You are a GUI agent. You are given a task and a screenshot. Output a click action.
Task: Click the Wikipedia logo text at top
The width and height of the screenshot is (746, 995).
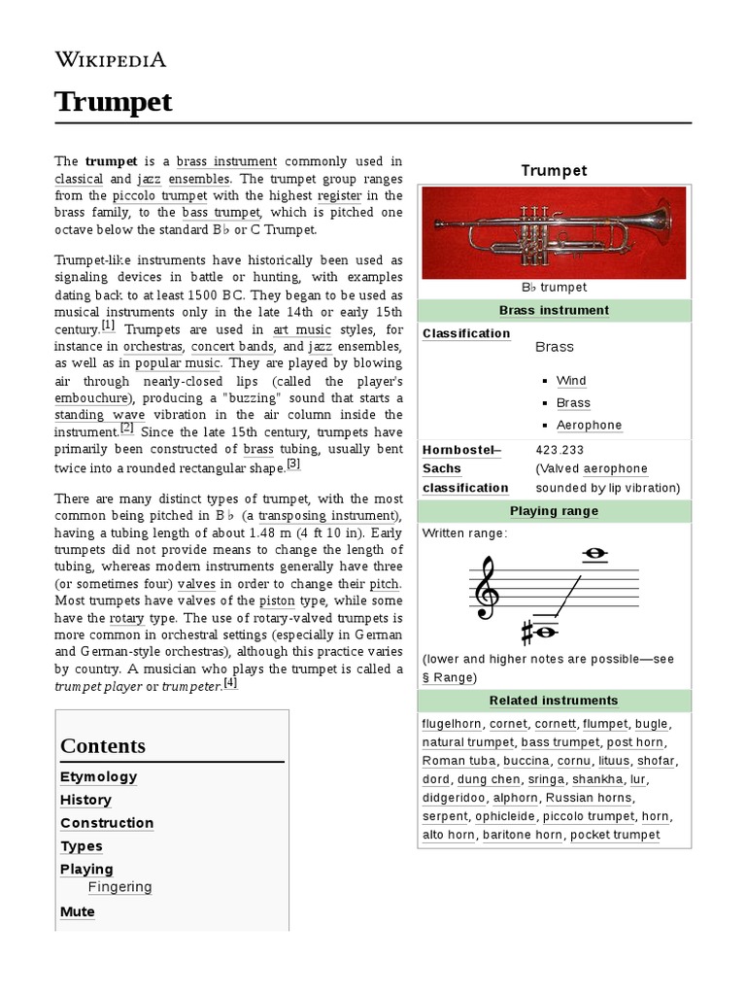(x=110, y=59)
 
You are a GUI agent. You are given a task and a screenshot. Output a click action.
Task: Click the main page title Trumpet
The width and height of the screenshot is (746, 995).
(x=113, y=101)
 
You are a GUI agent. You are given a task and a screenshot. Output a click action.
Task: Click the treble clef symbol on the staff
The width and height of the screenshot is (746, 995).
(x=486, y=588)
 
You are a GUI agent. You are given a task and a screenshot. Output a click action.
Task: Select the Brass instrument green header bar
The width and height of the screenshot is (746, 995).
(x=554, y=311)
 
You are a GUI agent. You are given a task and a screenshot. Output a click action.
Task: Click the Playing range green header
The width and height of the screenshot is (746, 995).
(x=554, y=511)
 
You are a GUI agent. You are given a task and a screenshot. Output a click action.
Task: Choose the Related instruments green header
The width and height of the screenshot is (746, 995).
(x=554, y=701)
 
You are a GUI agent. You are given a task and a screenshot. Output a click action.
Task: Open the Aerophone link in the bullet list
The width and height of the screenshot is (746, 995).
(x=589, y=426)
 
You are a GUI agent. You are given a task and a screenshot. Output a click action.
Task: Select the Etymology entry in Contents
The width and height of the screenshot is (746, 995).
(x=98, y=776)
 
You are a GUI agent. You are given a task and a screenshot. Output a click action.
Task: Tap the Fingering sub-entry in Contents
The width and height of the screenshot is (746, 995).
(x=119, y=887)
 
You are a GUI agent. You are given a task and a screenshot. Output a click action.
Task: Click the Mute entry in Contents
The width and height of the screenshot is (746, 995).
(x=78, y=911)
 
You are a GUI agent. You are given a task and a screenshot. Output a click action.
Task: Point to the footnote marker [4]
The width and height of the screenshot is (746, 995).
(x=230, y=683)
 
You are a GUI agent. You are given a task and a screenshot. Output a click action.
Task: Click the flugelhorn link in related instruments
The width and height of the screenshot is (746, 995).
(x=452, y=724)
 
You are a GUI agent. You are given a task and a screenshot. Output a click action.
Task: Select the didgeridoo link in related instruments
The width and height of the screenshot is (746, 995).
(x=454, y=798)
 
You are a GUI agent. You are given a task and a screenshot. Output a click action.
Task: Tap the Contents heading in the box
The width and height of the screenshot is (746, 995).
(x=103, y=745)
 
